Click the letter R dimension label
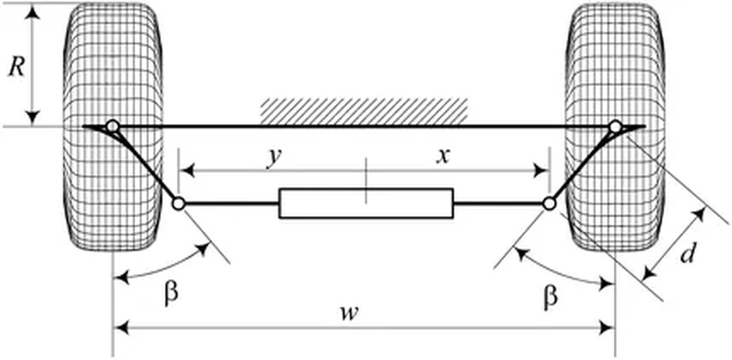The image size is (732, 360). [x=15, y=65]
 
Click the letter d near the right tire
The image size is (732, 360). [x=685, y=255]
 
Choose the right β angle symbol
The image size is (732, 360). [x=550, y=296]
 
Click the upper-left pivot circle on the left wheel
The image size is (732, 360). [x=112, y=126]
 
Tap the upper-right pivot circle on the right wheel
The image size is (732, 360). [x=615, y=127]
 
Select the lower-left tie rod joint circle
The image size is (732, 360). [x=178, y=204]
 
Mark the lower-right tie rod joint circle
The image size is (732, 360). [x=549, y=204]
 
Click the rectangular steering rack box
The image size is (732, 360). [x=366, y=204]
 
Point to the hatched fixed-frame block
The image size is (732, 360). [x=364, y=110]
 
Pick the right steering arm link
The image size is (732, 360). [x=581, y=166]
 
